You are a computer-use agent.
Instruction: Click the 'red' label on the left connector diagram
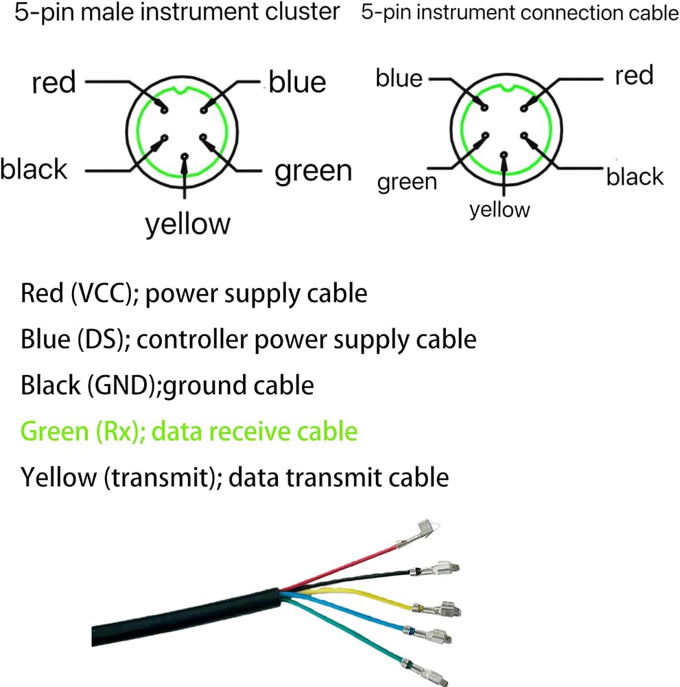(x=54, y=82)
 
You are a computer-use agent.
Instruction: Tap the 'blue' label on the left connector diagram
(x=297, y=82)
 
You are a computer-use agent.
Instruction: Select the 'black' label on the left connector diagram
(x=34, y=169)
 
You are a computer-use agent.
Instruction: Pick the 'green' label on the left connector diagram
(x=314, y=171)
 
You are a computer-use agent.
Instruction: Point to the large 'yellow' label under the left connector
(x=188, y=225)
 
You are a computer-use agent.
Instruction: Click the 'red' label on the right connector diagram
(x=634, y=76)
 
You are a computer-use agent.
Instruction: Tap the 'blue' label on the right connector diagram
(x=399, y=78)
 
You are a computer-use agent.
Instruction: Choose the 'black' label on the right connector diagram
(x=635, y=177)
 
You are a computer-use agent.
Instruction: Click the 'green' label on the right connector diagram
(x=407, y=182)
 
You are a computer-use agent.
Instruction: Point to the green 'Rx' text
(x=117, y=431)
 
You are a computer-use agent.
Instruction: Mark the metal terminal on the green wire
(x=425, y=671)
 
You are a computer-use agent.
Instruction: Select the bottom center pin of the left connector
(x=185, y=156)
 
